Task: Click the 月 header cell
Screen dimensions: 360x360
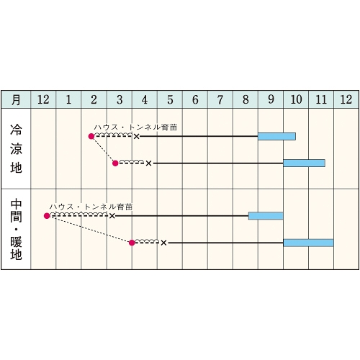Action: coord(16,99)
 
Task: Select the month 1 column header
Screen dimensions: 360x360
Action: coord(68,99)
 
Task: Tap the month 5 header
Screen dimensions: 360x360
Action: coord(170,99)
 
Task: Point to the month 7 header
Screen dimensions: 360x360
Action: coord(220,99)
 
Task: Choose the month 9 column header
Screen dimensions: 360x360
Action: coord(271,99)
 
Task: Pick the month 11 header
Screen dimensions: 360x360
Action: coord(321,99)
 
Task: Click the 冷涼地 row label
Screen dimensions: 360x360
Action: coord(16,148)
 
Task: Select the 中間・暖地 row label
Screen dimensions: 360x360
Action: coord(16,230)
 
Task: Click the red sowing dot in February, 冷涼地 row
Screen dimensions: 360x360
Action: coord(91,136)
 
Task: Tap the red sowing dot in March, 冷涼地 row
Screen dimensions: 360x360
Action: coord(115,163)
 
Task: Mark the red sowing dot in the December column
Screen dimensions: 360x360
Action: coord(47,216)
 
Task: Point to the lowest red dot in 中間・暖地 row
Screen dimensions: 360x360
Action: coord(132,243)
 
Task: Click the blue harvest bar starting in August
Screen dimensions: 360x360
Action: coord(266,216)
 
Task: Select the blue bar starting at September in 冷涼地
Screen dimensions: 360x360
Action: coord(276,136)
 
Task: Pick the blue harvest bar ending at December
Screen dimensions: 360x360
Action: coord(308,243)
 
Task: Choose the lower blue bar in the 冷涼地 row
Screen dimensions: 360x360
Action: coord(304,163)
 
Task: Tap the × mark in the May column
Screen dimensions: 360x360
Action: coord(163,243)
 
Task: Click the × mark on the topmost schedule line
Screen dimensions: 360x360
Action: coord(136,137)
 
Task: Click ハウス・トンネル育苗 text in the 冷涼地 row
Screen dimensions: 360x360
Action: coord(135,127)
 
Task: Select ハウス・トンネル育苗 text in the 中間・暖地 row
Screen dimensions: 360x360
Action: coord(91,207)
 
